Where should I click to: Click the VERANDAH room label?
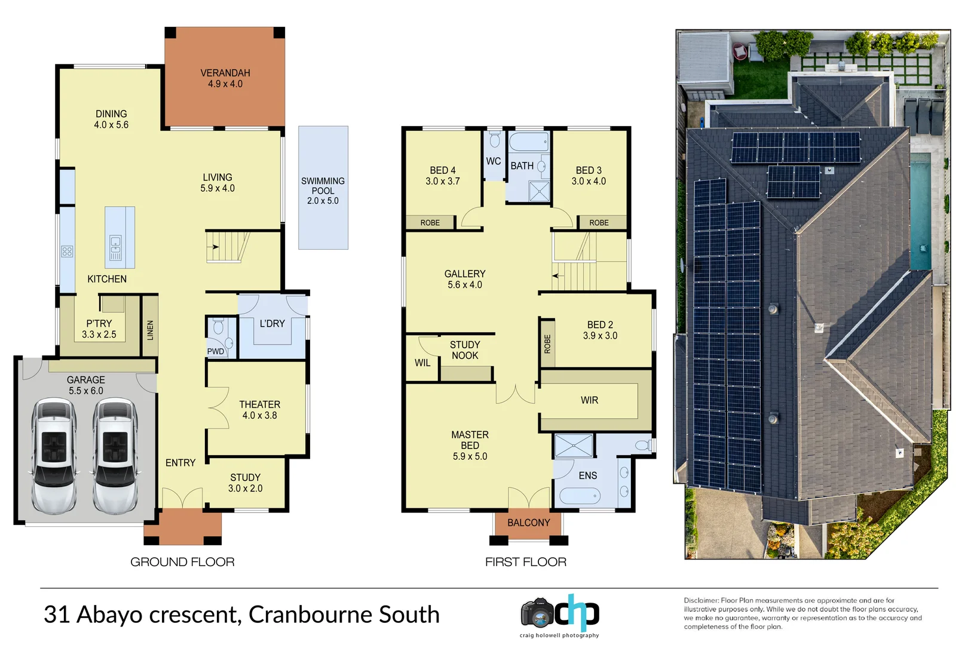click(225, 78)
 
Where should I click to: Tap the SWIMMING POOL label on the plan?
click(323, 191)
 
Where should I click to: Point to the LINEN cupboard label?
click(150, 330)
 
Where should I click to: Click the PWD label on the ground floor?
click(216, 351)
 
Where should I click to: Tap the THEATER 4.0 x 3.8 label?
click(259, 410)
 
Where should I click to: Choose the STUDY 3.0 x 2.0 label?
click(245, 483)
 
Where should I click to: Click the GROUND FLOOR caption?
click(182, 562)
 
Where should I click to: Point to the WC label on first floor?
click(494, 161)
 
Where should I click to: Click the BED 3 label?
click(589, 176)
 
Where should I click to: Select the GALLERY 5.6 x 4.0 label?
click(465, 279)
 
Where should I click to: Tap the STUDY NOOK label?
click(465, 350)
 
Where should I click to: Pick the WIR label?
click(589, 400)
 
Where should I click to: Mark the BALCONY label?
click(528, 523)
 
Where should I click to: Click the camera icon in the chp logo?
click(537, 612)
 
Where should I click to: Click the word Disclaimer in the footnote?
click(701, 600)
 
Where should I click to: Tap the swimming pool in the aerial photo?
click(920, 211)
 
